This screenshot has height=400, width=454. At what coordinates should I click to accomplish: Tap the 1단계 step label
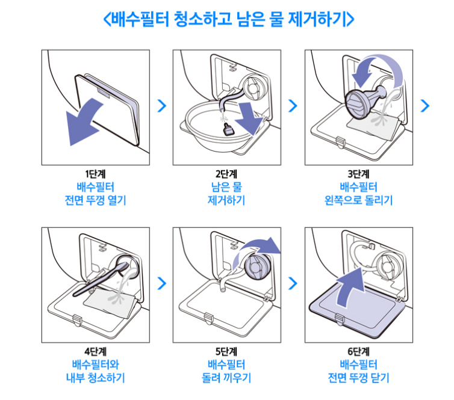[x=95, y=174]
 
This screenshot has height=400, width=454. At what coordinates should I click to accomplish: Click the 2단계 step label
[x=226, y=174]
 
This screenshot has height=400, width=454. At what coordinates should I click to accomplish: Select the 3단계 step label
[x=358, y=174]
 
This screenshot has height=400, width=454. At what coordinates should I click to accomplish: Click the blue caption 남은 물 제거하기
[x=226, y=193]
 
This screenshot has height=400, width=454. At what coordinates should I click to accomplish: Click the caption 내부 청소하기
[x=95, y=378]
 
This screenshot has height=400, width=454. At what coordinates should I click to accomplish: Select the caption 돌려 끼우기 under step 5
[x=226, y=378]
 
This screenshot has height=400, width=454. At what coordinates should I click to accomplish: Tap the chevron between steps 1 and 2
[x=161, y=106]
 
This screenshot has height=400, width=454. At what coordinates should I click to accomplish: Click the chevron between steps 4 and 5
[x=161, y=282]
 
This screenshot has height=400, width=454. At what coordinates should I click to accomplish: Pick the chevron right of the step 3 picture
[x=425, y=106]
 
